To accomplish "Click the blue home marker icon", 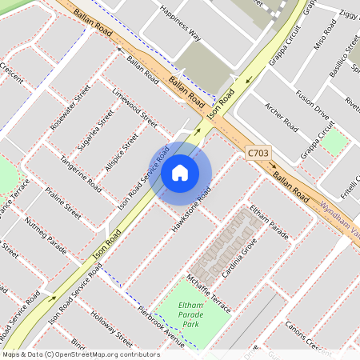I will click(x=180, y=173).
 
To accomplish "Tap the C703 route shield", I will click(x=258, y=152).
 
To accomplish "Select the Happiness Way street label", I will click(x=180, y=23).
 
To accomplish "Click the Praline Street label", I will click(x=63, y=203).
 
